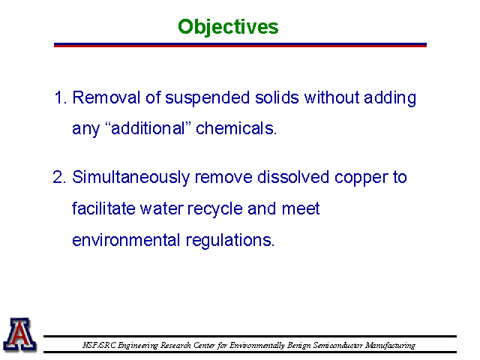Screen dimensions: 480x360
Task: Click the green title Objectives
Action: [228, 27]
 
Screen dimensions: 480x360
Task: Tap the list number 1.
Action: [60, 98]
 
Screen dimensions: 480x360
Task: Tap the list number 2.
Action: [59, 177]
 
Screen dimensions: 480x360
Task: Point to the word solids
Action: [277, 97]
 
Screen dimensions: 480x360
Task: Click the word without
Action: [331, 97]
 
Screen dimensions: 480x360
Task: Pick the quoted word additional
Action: [148, 128]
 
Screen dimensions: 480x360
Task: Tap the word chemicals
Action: [236, 128]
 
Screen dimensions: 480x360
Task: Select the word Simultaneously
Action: [130, 178]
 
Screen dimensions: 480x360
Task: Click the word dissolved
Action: [293, 177]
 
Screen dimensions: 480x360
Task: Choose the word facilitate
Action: [103, 208]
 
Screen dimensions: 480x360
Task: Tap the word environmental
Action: [126, 240]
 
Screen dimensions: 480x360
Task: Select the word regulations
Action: [230, 241]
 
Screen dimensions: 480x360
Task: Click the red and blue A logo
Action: [20, 334]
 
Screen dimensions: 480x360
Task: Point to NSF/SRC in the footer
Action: [99, 345]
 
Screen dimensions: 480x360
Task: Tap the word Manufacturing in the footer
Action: [390, 346]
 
